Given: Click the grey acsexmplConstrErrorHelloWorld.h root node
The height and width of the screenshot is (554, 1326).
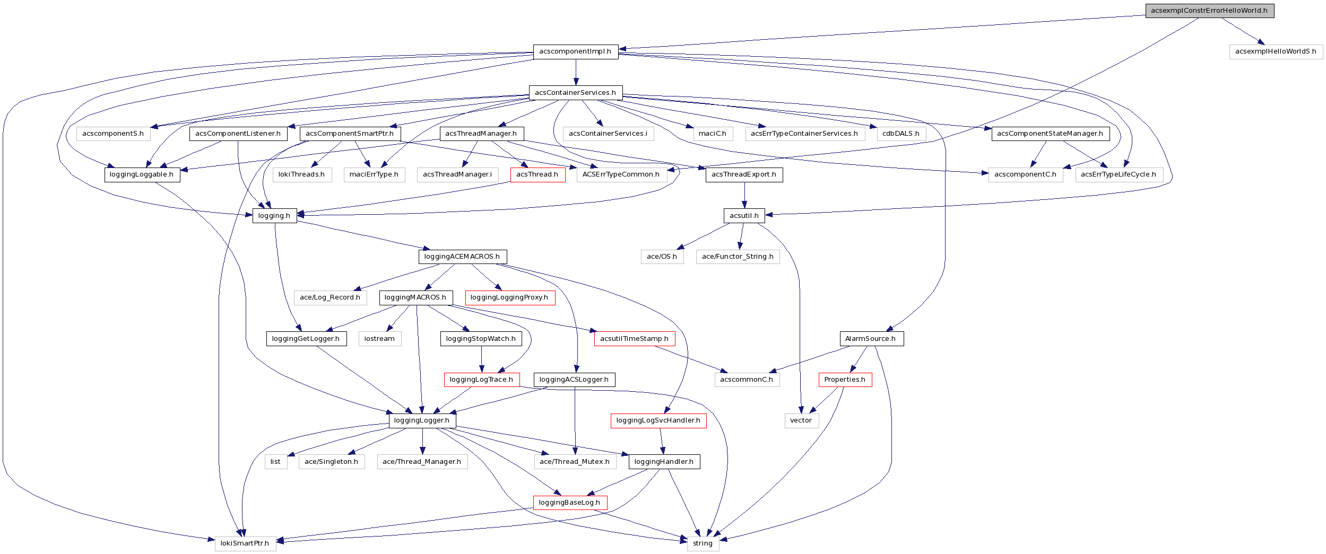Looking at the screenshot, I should (1209, 11).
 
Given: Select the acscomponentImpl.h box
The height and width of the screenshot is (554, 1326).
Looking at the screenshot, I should (575, 51).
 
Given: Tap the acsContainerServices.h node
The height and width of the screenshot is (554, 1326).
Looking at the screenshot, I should (575, 93).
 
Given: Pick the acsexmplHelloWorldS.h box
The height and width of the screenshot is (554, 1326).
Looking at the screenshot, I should (1275, 51).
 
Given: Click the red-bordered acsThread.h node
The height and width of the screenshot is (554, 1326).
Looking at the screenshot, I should (537, 174).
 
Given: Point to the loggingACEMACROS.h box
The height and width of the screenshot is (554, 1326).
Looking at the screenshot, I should (462, 257).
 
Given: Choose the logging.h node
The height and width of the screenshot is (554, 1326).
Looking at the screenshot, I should (274, 216).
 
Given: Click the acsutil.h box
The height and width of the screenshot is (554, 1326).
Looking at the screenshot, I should (744, 216).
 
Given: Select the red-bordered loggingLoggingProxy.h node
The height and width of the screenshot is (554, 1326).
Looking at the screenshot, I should (509, 297).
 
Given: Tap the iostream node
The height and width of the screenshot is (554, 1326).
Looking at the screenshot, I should (379, 339).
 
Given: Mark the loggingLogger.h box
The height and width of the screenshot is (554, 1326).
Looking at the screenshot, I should (422, 420).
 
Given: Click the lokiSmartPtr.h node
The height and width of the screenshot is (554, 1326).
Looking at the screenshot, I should (245, 543).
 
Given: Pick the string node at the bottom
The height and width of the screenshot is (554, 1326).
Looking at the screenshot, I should (703, 543).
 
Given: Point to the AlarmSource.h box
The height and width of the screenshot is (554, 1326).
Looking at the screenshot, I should (870, 339).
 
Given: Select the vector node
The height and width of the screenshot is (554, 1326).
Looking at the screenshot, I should (801, 420).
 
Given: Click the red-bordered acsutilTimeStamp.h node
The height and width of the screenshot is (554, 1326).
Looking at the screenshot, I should (634, 339).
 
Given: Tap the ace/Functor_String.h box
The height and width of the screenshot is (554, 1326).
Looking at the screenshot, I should (738, 257).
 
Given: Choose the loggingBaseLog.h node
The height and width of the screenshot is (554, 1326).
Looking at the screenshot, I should (569, 503).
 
